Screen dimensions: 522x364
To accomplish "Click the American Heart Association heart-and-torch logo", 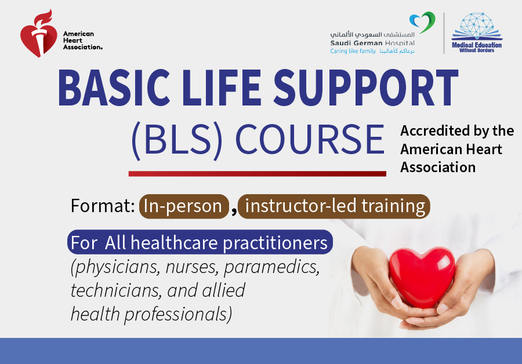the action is coord(38,34).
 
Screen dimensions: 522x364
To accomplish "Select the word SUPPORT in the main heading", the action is coord(366,88).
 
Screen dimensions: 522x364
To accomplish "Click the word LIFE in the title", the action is coord(222,88).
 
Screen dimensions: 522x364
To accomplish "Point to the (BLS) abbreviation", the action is coord(177,140).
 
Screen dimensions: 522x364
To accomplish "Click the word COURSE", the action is coord(310,140).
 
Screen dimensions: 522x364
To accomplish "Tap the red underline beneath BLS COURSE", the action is coord(258,174).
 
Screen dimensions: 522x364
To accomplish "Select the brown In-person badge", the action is coord(184,206).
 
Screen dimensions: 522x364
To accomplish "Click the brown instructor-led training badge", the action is coord(334,206).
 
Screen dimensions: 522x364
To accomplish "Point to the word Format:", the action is coord(103,206).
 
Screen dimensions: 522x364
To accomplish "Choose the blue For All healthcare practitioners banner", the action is coord(200,242).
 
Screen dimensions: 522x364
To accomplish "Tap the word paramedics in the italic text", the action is coord(271,267).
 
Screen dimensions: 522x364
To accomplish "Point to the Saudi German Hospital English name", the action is coord(372,43).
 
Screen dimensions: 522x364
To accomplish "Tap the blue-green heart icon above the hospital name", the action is coord(422,22).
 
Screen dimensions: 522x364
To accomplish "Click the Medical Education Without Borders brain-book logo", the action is coord(477,32).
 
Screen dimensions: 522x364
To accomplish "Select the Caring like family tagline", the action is coord(353,51).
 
